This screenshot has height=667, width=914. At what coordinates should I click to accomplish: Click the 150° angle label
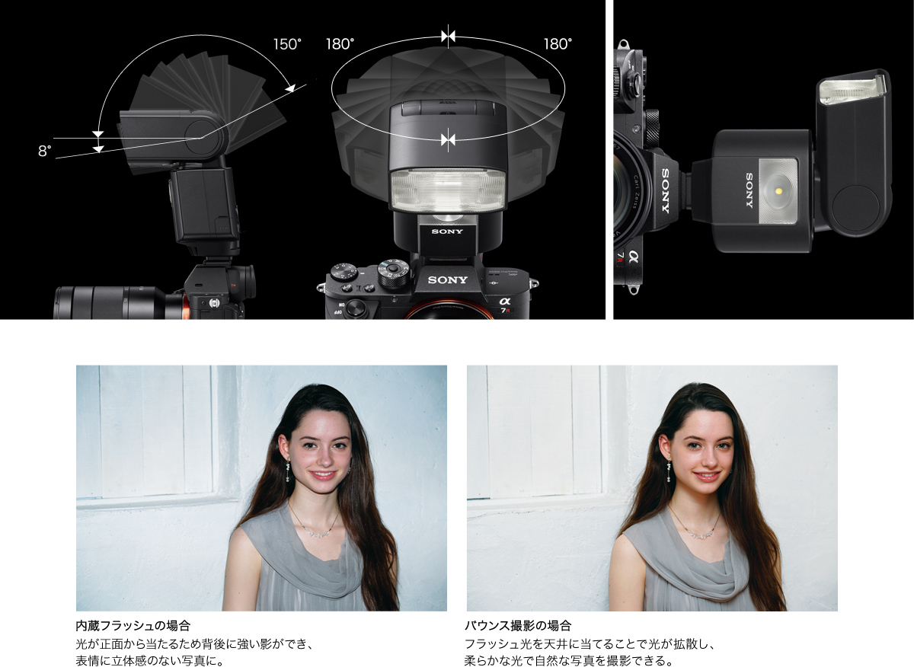(x=287, y=44)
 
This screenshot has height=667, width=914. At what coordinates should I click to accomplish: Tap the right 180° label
(x=558, y=44)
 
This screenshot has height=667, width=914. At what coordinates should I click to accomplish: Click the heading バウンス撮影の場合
(x=518, y=626)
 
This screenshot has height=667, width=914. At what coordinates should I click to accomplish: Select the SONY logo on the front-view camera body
(x=447, y=280)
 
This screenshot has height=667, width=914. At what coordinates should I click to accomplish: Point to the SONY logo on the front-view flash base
(x=447, y=231)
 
